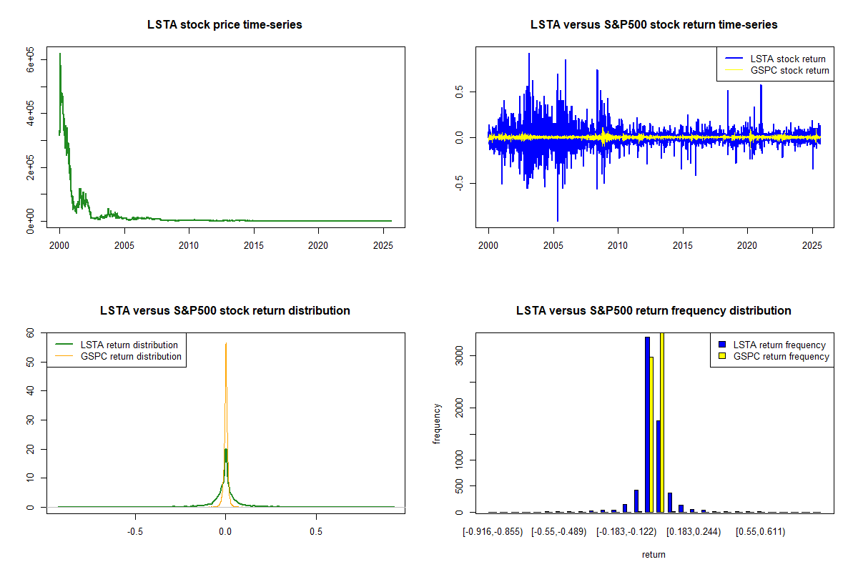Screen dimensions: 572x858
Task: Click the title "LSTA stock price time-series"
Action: [x=225, y=25]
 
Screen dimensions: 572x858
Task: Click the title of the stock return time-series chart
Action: [x=654, y=25]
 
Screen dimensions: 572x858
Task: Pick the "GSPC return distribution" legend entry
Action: [x=131, y=357]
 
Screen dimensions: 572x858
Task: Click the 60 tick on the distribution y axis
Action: [x=31, y=333]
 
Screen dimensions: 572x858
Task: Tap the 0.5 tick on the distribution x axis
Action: [x=316, y=532]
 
